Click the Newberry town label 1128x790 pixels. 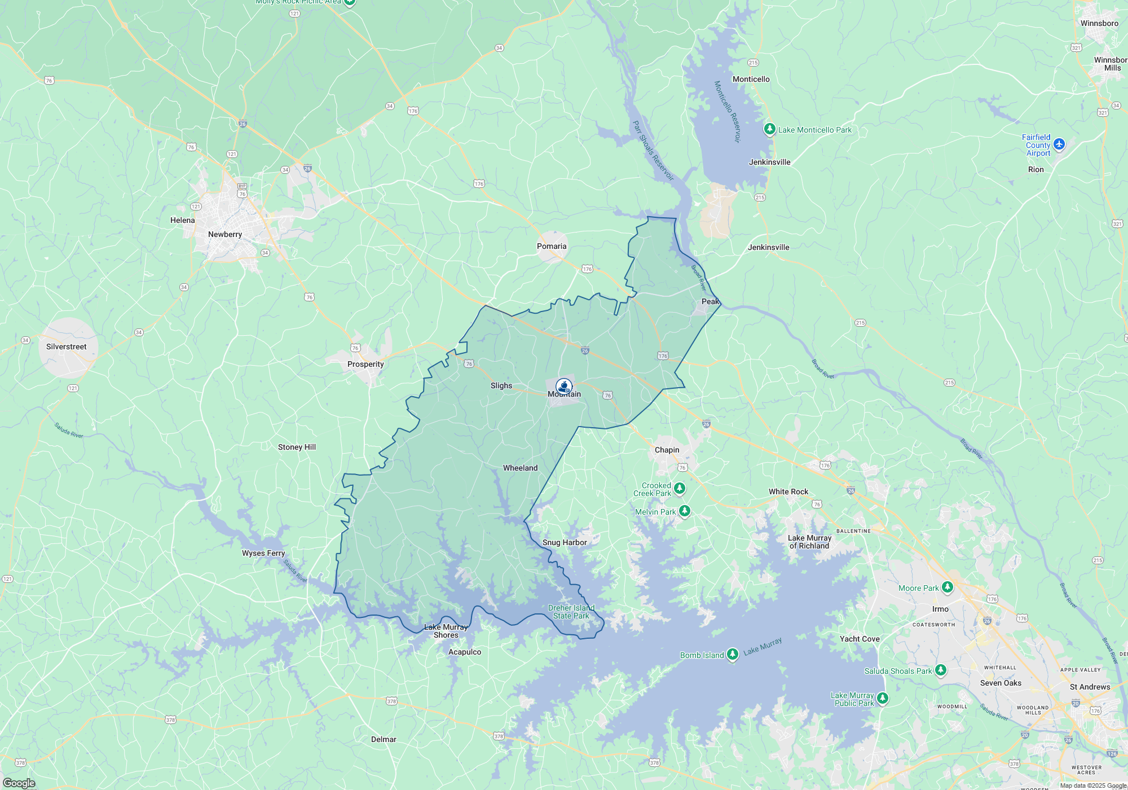pos(225,234)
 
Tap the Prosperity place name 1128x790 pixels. pos(365,364)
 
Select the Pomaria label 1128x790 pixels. pos(552,246)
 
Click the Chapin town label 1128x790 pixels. pos(667,450)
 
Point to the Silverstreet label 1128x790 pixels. pos(67,346)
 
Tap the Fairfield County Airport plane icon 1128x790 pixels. pos(1059,144)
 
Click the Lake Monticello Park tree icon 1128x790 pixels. pos(769,129)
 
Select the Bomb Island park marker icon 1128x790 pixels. pos(732,654)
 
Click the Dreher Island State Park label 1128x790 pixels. pos(571,612)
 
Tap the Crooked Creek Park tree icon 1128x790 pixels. pos(680,488)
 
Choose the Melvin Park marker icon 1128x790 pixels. pos(685,511)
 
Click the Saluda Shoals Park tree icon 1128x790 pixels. pos(940,670)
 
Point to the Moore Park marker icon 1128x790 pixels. pos(948,587)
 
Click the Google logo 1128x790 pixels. pos(19,783)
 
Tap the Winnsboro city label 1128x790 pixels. pos(1099,23)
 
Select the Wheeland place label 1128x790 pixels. pos(520,468)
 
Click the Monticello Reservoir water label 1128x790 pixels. pos(728,111)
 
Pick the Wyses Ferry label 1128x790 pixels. pos(263,553)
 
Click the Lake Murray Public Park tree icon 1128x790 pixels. pos(883,698)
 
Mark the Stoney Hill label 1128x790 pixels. pos(297,447)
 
